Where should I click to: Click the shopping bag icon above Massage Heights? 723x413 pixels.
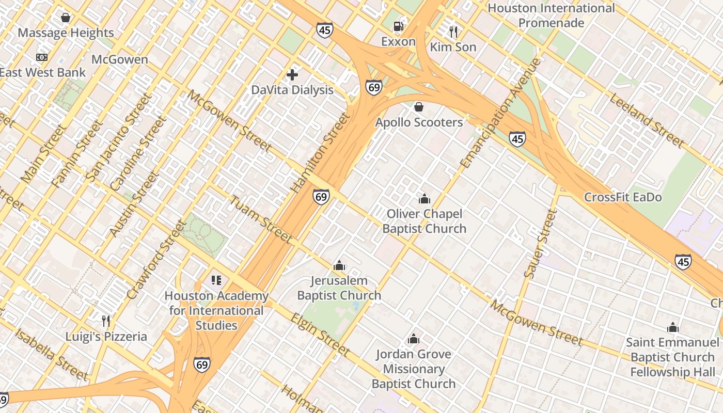66,18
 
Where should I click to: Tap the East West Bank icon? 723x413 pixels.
41,57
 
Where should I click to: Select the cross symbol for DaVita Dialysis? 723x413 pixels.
292,75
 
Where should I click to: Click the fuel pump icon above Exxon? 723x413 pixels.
398,26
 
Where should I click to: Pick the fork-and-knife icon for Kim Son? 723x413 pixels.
453,32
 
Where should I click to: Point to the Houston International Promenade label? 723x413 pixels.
551,15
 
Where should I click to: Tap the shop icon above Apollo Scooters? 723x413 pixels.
419,107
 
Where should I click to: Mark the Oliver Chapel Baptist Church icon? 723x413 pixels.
424,199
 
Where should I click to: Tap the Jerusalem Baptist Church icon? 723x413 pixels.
339,266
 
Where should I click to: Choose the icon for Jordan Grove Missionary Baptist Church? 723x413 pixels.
413,339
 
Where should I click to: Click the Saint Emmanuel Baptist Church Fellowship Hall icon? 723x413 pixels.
672,327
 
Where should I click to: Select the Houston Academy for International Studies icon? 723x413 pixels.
216,280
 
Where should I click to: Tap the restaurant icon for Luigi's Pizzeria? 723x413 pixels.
106,321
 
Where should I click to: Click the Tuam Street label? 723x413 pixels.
261,219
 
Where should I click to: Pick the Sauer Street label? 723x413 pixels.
540,244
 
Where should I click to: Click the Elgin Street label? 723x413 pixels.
320,335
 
